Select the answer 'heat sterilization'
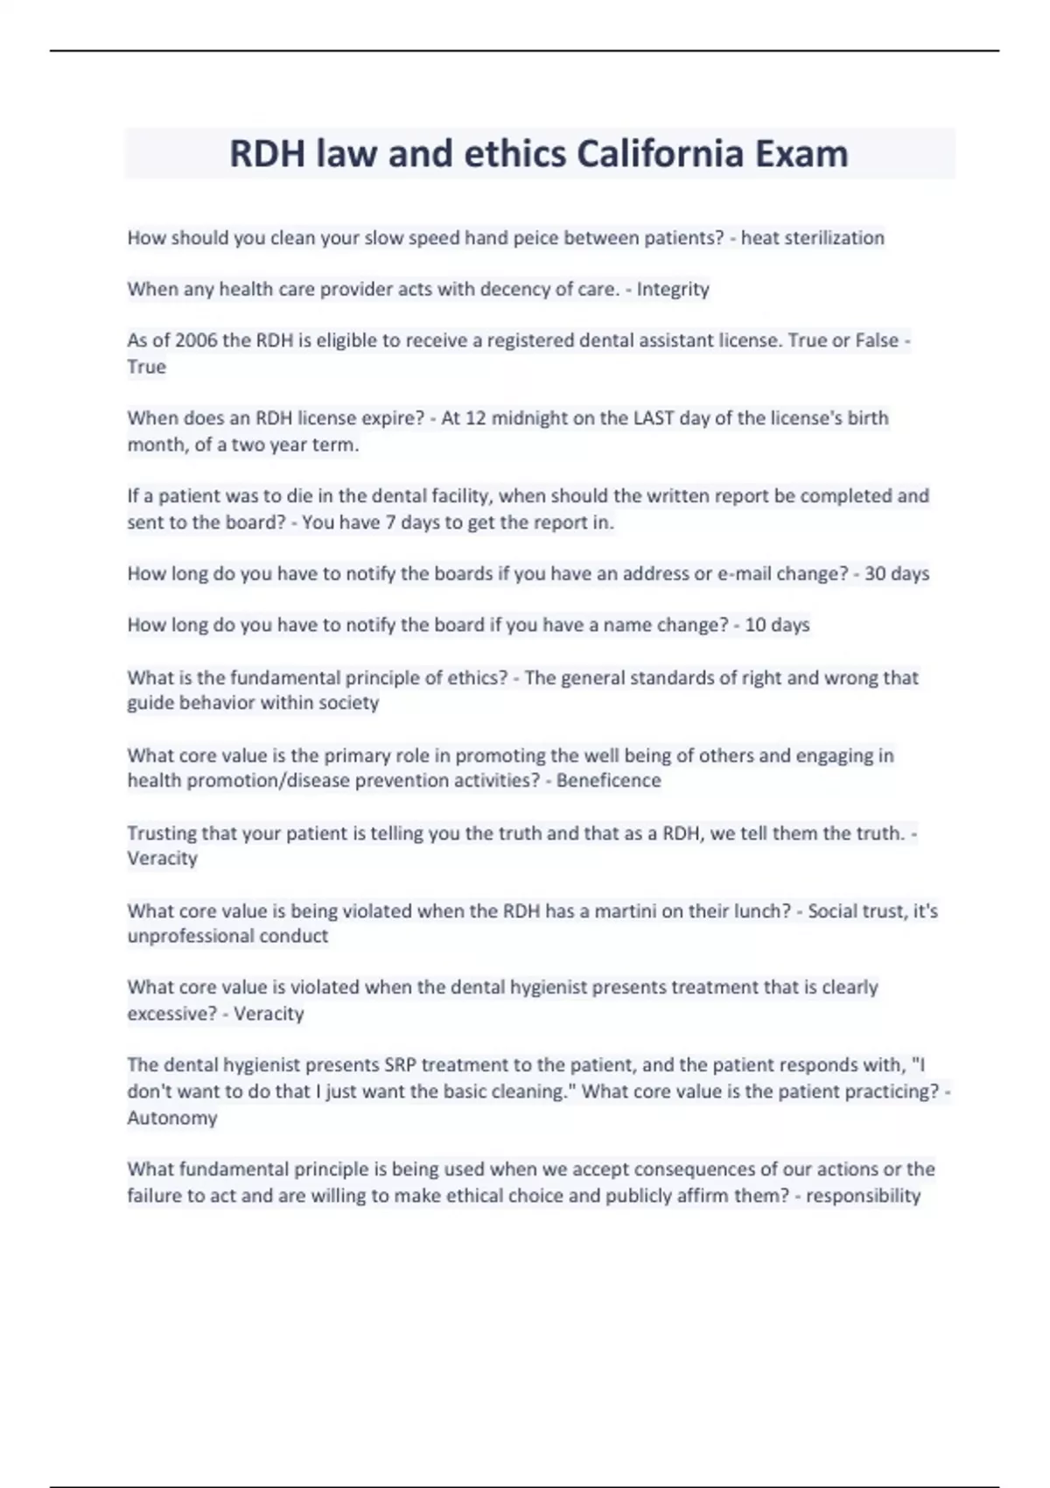(812, 238)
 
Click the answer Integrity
(673, 290)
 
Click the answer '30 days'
(896, 574)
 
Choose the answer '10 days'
(777, 626)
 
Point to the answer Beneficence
(608, 781)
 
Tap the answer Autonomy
(172, 1118)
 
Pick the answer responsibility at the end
(863, 1196)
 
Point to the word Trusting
(163, 833)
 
